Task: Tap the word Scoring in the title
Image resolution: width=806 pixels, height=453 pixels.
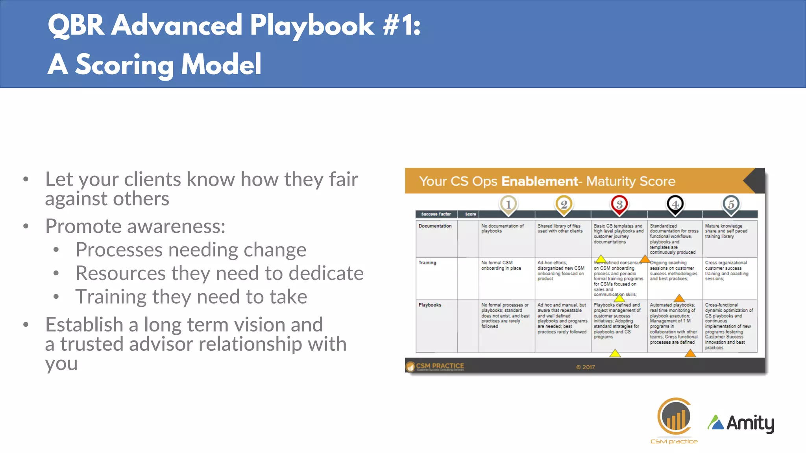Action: click(124, 65)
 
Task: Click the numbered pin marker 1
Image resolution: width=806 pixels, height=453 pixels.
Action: click(508, 204)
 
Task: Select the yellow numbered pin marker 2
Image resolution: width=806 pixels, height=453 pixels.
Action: click(564, 204)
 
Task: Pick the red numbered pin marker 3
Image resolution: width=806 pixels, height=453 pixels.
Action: click(619, 204)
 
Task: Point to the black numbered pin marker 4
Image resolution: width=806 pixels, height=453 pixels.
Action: click(675, 204)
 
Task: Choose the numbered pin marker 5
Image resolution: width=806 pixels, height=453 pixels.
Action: click(730, 204)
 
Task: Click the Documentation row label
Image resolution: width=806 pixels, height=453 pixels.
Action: click(435, 226)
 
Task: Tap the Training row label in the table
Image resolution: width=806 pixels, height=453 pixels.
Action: click(427, 263)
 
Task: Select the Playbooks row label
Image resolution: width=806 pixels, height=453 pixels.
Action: click(430, 305)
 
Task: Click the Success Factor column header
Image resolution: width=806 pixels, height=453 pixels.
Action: click(436, 214)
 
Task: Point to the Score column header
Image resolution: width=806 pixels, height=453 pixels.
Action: click(470, 214)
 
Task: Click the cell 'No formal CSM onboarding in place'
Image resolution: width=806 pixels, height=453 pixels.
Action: click(501, 265)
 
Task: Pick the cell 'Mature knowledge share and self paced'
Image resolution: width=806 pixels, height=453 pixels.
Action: click(726, 231)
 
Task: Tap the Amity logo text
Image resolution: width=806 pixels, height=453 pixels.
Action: click(750, 423)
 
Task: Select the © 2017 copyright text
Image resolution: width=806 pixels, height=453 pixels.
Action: click(585, 367)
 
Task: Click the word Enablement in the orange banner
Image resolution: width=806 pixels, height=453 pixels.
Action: click(540, 181)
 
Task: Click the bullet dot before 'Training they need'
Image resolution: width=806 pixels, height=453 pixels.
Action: click(56, 297)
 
